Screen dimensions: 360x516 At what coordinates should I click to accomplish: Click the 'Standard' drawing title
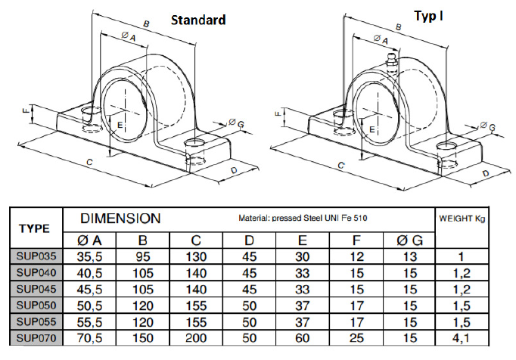tap(197, 20)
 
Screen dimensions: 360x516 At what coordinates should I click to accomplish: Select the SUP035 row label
tap(36, 256)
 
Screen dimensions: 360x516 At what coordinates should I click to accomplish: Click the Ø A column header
tap(89, 241)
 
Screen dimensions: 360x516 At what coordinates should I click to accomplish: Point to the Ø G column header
tap(409, 241)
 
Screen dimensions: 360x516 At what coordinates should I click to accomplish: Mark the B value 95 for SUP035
tap(143, 256)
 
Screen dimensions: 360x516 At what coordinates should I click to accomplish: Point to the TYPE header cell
tap(36, 228)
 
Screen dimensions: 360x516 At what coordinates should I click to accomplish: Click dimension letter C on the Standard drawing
tap(90, 163)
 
